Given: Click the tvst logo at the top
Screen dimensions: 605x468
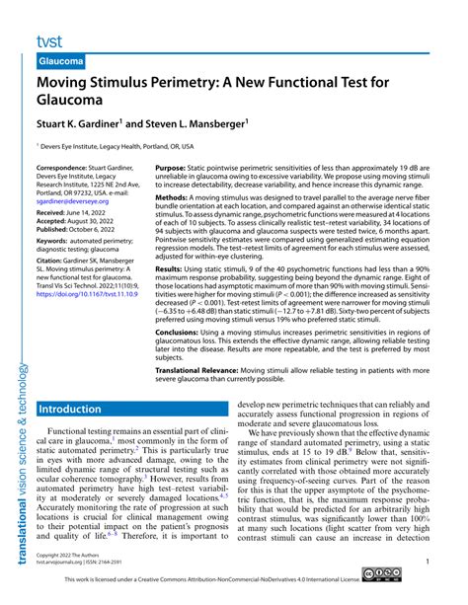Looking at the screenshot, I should point(50,41).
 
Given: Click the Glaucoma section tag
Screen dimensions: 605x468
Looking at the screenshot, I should point(61,61).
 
